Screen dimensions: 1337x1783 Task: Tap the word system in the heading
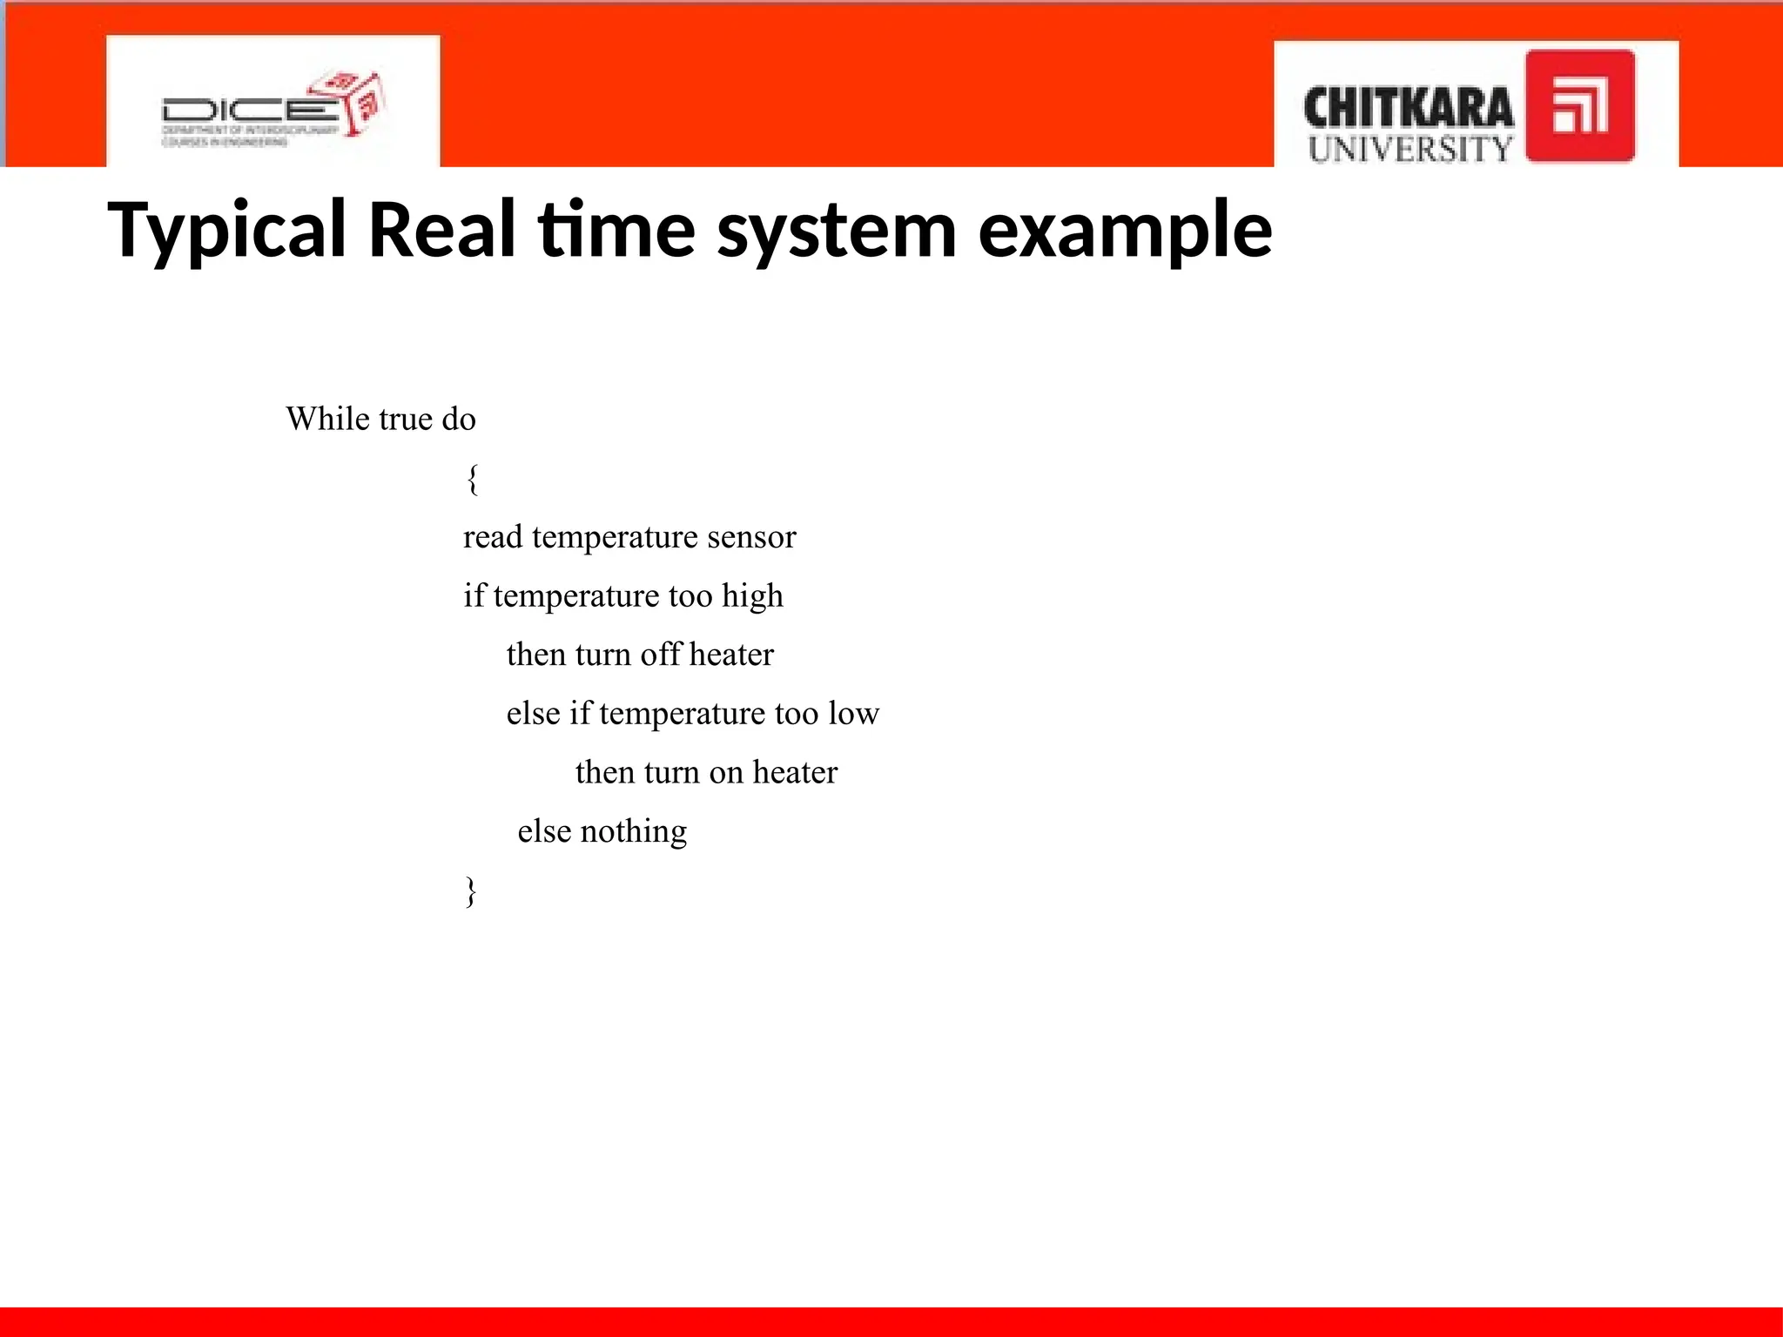pos(837,231)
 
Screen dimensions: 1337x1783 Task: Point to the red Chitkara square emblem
pos(1579,106)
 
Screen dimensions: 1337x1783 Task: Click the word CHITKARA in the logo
pos(1408,109)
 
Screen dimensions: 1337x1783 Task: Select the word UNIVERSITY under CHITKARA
pos(1410,149)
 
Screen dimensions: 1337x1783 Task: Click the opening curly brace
pos(472,479)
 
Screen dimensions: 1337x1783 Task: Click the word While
pos(327,419)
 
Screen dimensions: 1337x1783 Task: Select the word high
pos(752,596)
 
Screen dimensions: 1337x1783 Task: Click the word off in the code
pos(661,655)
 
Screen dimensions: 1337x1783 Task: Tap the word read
pos(492,537)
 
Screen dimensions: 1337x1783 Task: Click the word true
pos(406,419)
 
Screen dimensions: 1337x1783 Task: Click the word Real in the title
pos(441,231)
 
